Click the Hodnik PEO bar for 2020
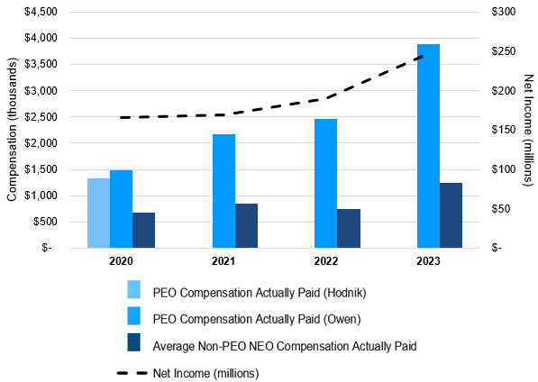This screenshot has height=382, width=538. point(98,213)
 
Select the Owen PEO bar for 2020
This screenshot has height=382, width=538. point(121,208)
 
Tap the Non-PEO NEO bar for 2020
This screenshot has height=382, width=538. point(143,230)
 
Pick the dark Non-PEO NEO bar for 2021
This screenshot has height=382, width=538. point(246,225)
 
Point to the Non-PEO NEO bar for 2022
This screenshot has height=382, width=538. point(348,228)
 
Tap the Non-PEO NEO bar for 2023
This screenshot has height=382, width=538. point(451,215)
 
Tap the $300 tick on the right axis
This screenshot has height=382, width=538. point(503,13)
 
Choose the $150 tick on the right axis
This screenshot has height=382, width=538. point(503,130)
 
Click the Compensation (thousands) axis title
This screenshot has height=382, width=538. point(12,130)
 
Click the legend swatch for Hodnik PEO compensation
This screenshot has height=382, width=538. point(133,290)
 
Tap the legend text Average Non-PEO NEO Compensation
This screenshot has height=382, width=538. point(285,344)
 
